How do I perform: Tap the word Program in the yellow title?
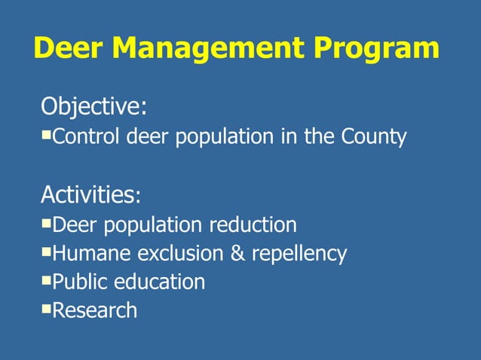(377, 48)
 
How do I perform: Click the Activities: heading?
(90, 195)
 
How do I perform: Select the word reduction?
(253, 224)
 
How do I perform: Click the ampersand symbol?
(237, 253)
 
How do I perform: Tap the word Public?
(81, 282)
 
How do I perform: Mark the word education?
(160, 282)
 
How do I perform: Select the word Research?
(96, 310)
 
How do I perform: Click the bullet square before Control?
(47, 135)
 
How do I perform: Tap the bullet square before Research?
(47, 308)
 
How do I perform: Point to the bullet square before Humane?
(47, 251)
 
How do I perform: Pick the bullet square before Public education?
(47, 279)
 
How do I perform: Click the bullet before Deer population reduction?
(47, 222)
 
